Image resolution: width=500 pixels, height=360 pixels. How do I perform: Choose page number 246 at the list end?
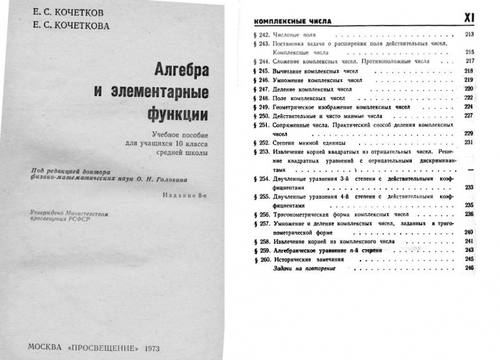(x=469, y=268)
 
